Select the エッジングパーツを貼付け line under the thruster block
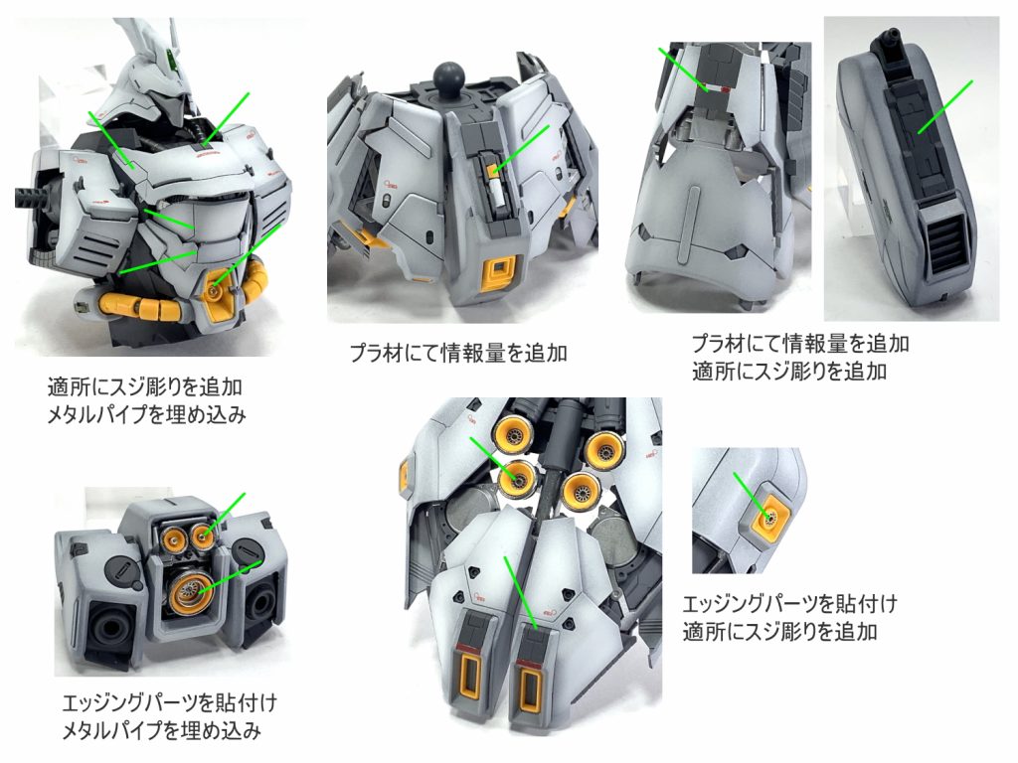(161, 703)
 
